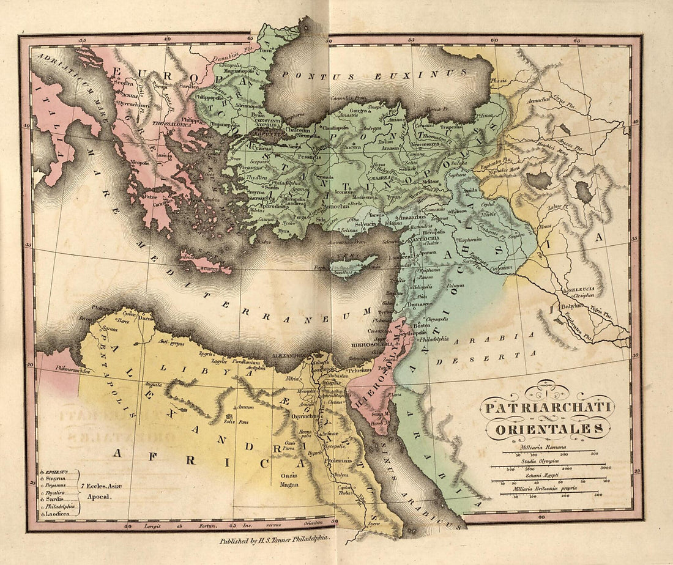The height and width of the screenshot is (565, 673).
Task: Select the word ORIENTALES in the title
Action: click(x=544, y=429)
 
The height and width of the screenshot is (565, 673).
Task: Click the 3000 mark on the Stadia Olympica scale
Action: click(x=605, y=468)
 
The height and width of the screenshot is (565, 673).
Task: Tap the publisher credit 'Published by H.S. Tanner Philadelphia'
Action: click(x=275, y=541)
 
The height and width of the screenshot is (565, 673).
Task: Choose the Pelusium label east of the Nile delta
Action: click(x=359, y=371)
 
